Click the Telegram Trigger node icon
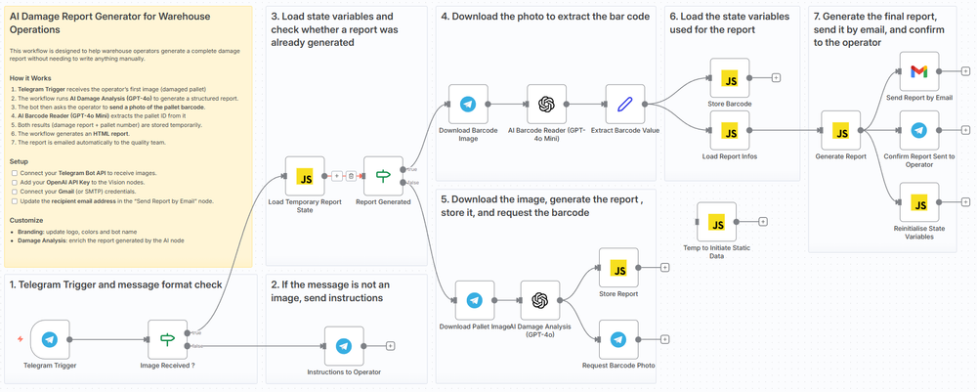click(50, 339)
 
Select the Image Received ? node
click(167, 339)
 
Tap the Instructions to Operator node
click(344, 345)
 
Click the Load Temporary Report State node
click(304, 176)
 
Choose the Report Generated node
click(383, 176)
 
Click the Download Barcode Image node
click(468, 104)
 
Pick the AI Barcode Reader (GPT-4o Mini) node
click(546, 104)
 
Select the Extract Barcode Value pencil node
click(624, 104)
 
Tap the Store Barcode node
click(729, 77)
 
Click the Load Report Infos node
click(729, 130)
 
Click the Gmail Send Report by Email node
click(918, 71)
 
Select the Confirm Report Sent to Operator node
click(918, 130)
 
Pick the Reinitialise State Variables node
click(918, 202)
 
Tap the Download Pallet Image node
click(475, 300)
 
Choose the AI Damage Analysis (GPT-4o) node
click(540, 300)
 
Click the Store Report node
click(617, 267)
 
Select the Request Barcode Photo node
click(617, 339)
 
